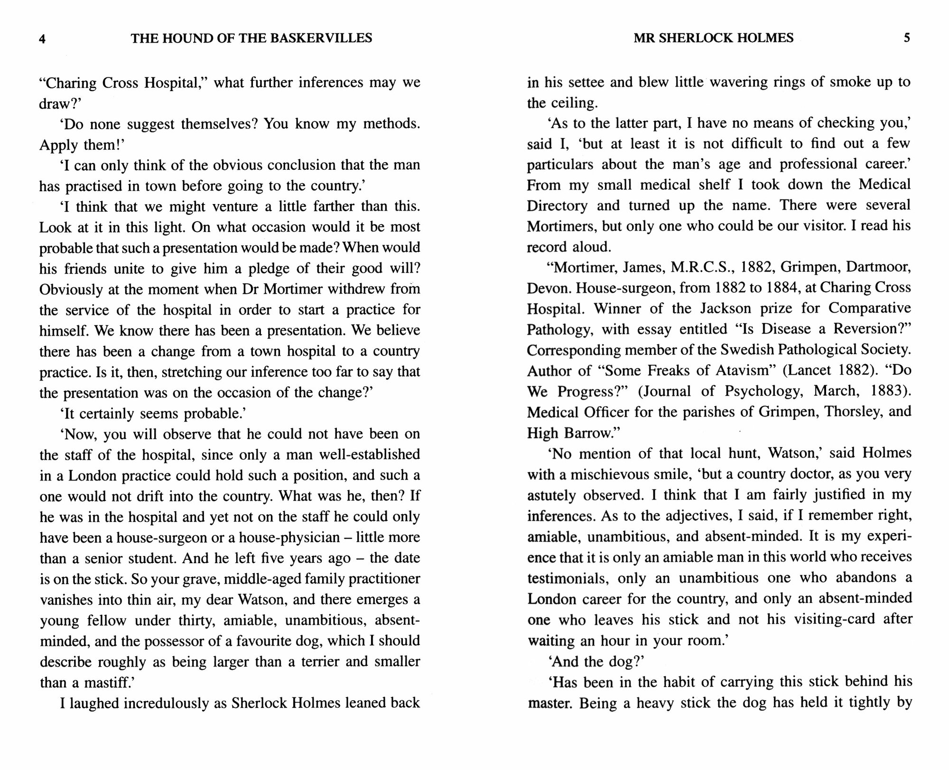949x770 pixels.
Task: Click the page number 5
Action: click(x=907, y=38)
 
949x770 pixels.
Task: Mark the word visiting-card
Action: click(x=835, y=620)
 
